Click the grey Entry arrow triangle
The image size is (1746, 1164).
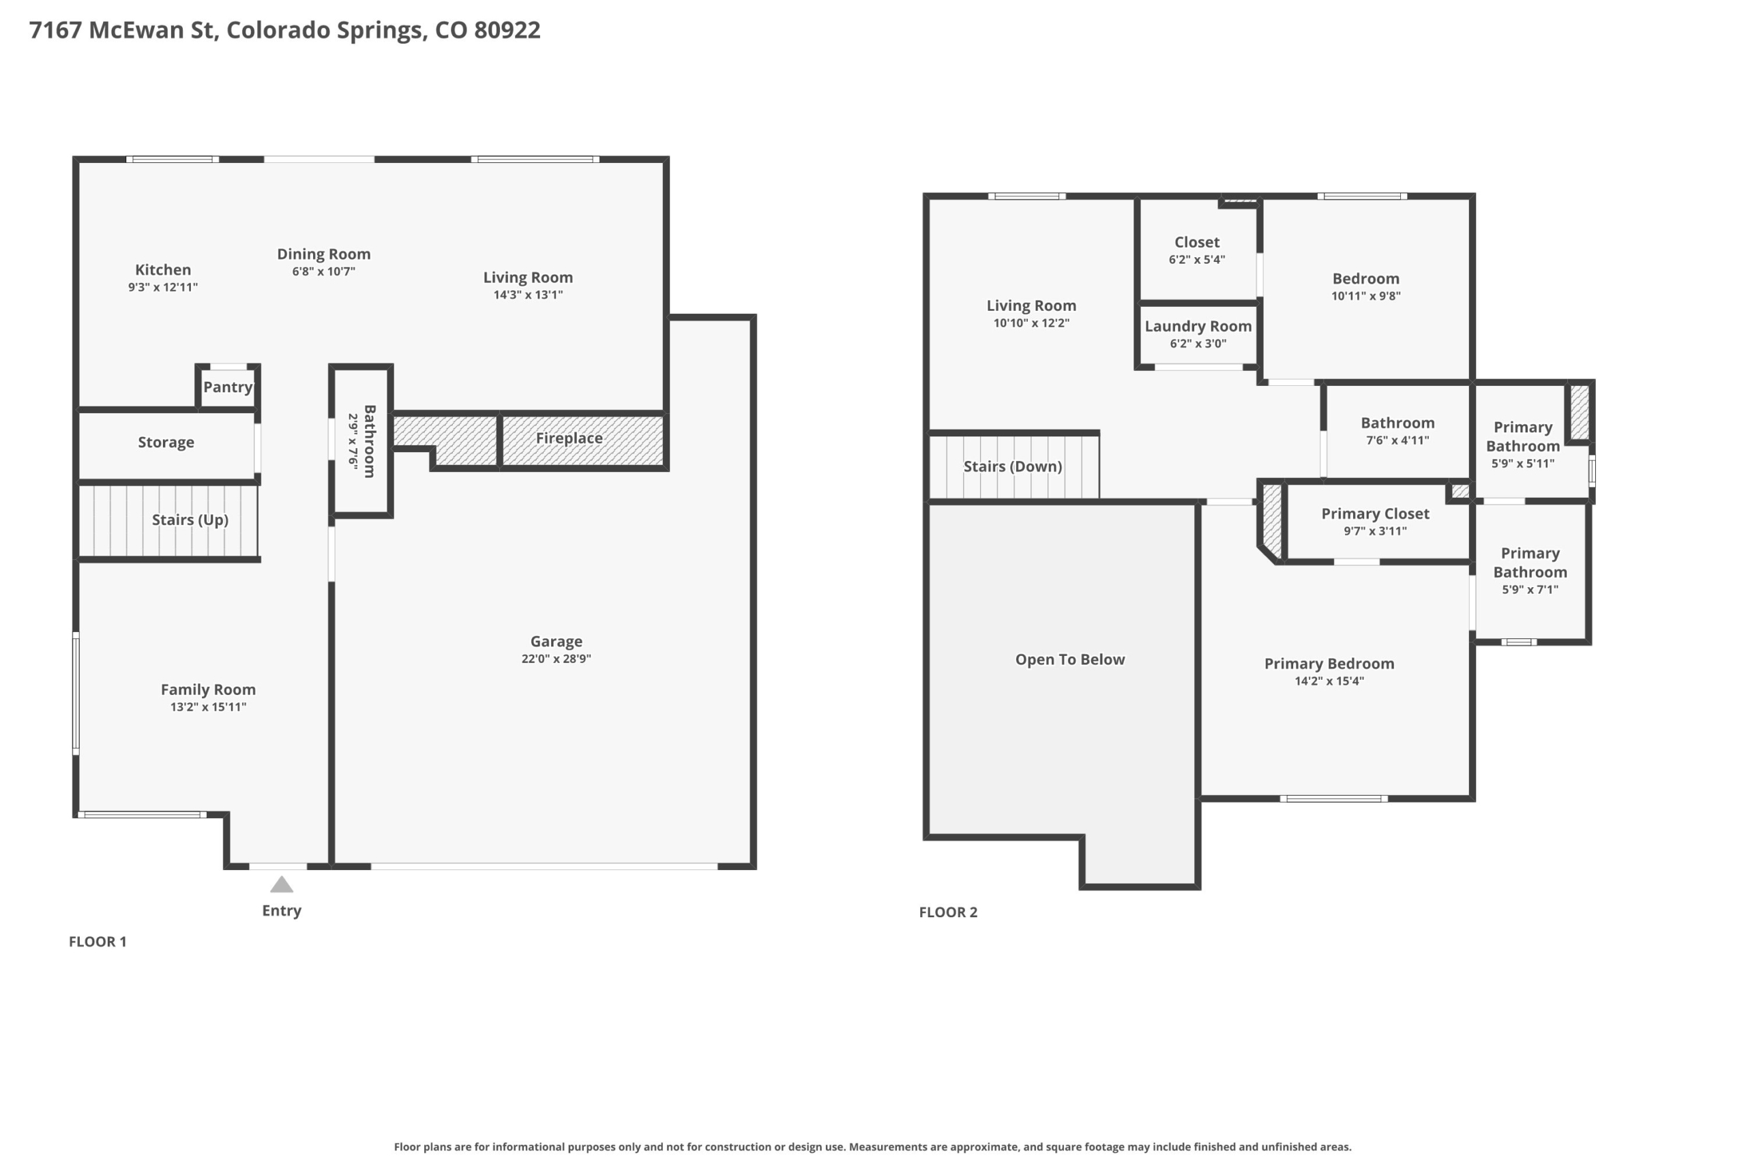(282, 884)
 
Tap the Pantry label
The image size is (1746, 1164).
(228, 387)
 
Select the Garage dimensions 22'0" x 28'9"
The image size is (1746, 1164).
(556, 659)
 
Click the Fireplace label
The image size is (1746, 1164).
(569, 438)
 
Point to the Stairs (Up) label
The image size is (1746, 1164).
(190, 520)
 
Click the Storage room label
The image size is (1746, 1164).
(166, 443)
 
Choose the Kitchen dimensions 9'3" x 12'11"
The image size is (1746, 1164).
(162, 287)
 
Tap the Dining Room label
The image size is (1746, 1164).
(324, 254)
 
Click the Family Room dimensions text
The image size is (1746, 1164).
(208, 706)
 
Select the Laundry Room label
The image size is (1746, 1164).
(1198, 327)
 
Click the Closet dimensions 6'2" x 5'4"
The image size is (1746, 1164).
(1197, 260)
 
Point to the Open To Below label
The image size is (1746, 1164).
(1069, 659)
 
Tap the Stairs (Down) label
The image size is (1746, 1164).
(1013, 466)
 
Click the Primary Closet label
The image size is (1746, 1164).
(1375, 513)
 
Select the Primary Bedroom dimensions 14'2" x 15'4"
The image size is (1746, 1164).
(1329, 681)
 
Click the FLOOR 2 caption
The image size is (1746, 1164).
(948, 912)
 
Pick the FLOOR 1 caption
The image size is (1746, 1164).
(98, 942)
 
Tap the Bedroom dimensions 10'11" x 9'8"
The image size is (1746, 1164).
(1365, 296)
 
